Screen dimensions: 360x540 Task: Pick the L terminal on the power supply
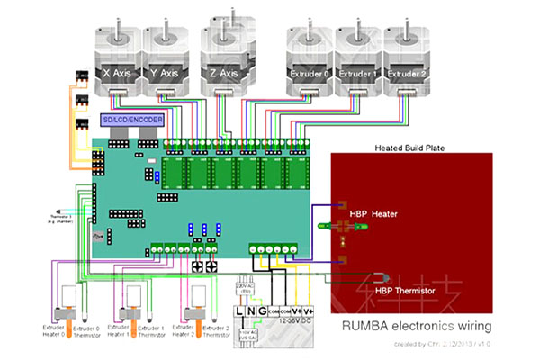pos(239,311)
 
